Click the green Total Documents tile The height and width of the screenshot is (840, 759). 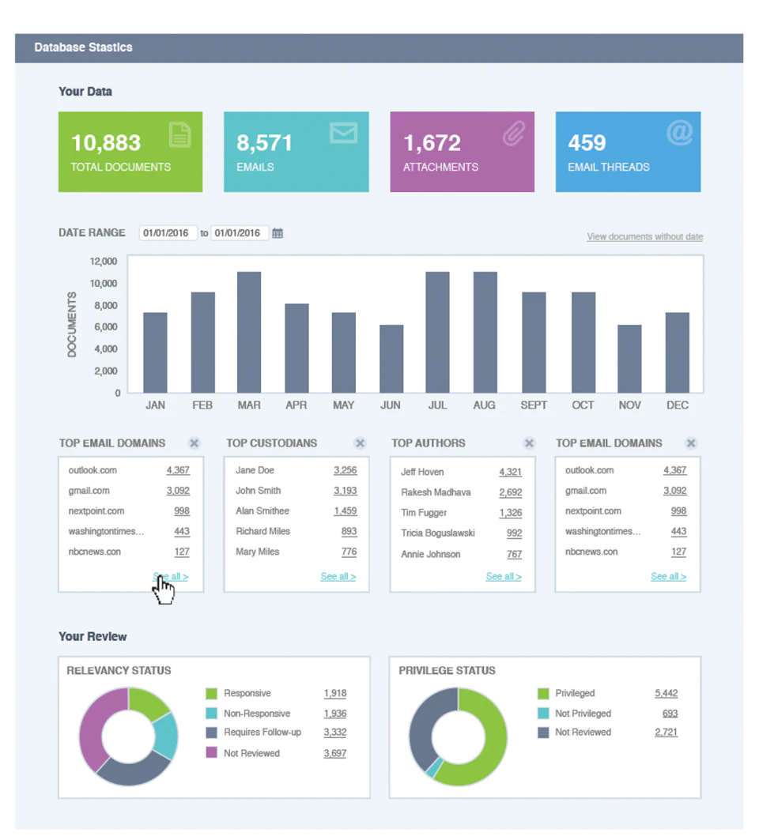tap(130, 152)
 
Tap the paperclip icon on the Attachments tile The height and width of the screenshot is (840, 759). tap(514, 134)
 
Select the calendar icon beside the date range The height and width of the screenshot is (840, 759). tap(278, 233)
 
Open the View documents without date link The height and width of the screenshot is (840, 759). tap(645, 236)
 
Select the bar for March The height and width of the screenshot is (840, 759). tap(249, 332)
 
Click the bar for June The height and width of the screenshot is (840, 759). tap(391, 359)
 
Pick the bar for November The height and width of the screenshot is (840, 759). tap(629, 359)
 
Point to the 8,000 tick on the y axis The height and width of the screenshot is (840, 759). tap(106, 305)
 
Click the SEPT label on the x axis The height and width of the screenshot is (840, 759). tap(534, 405)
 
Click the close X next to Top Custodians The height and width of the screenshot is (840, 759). tap(361, 443)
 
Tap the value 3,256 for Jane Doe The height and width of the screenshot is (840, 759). tap(346, 470)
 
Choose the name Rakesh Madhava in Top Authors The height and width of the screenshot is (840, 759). tap(436, 492)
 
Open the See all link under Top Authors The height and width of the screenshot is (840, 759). tap(504, 576)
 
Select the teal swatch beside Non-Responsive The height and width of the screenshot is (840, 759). tap(212, 714)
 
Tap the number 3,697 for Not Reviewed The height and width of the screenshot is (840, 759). tap(335, 753)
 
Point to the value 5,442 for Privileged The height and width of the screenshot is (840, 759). tap(666, 693)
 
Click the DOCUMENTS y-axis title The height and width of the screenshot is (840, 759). tap(72, 325)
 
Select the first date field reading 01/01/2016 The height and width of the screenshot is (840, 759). tap(168, 233)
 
